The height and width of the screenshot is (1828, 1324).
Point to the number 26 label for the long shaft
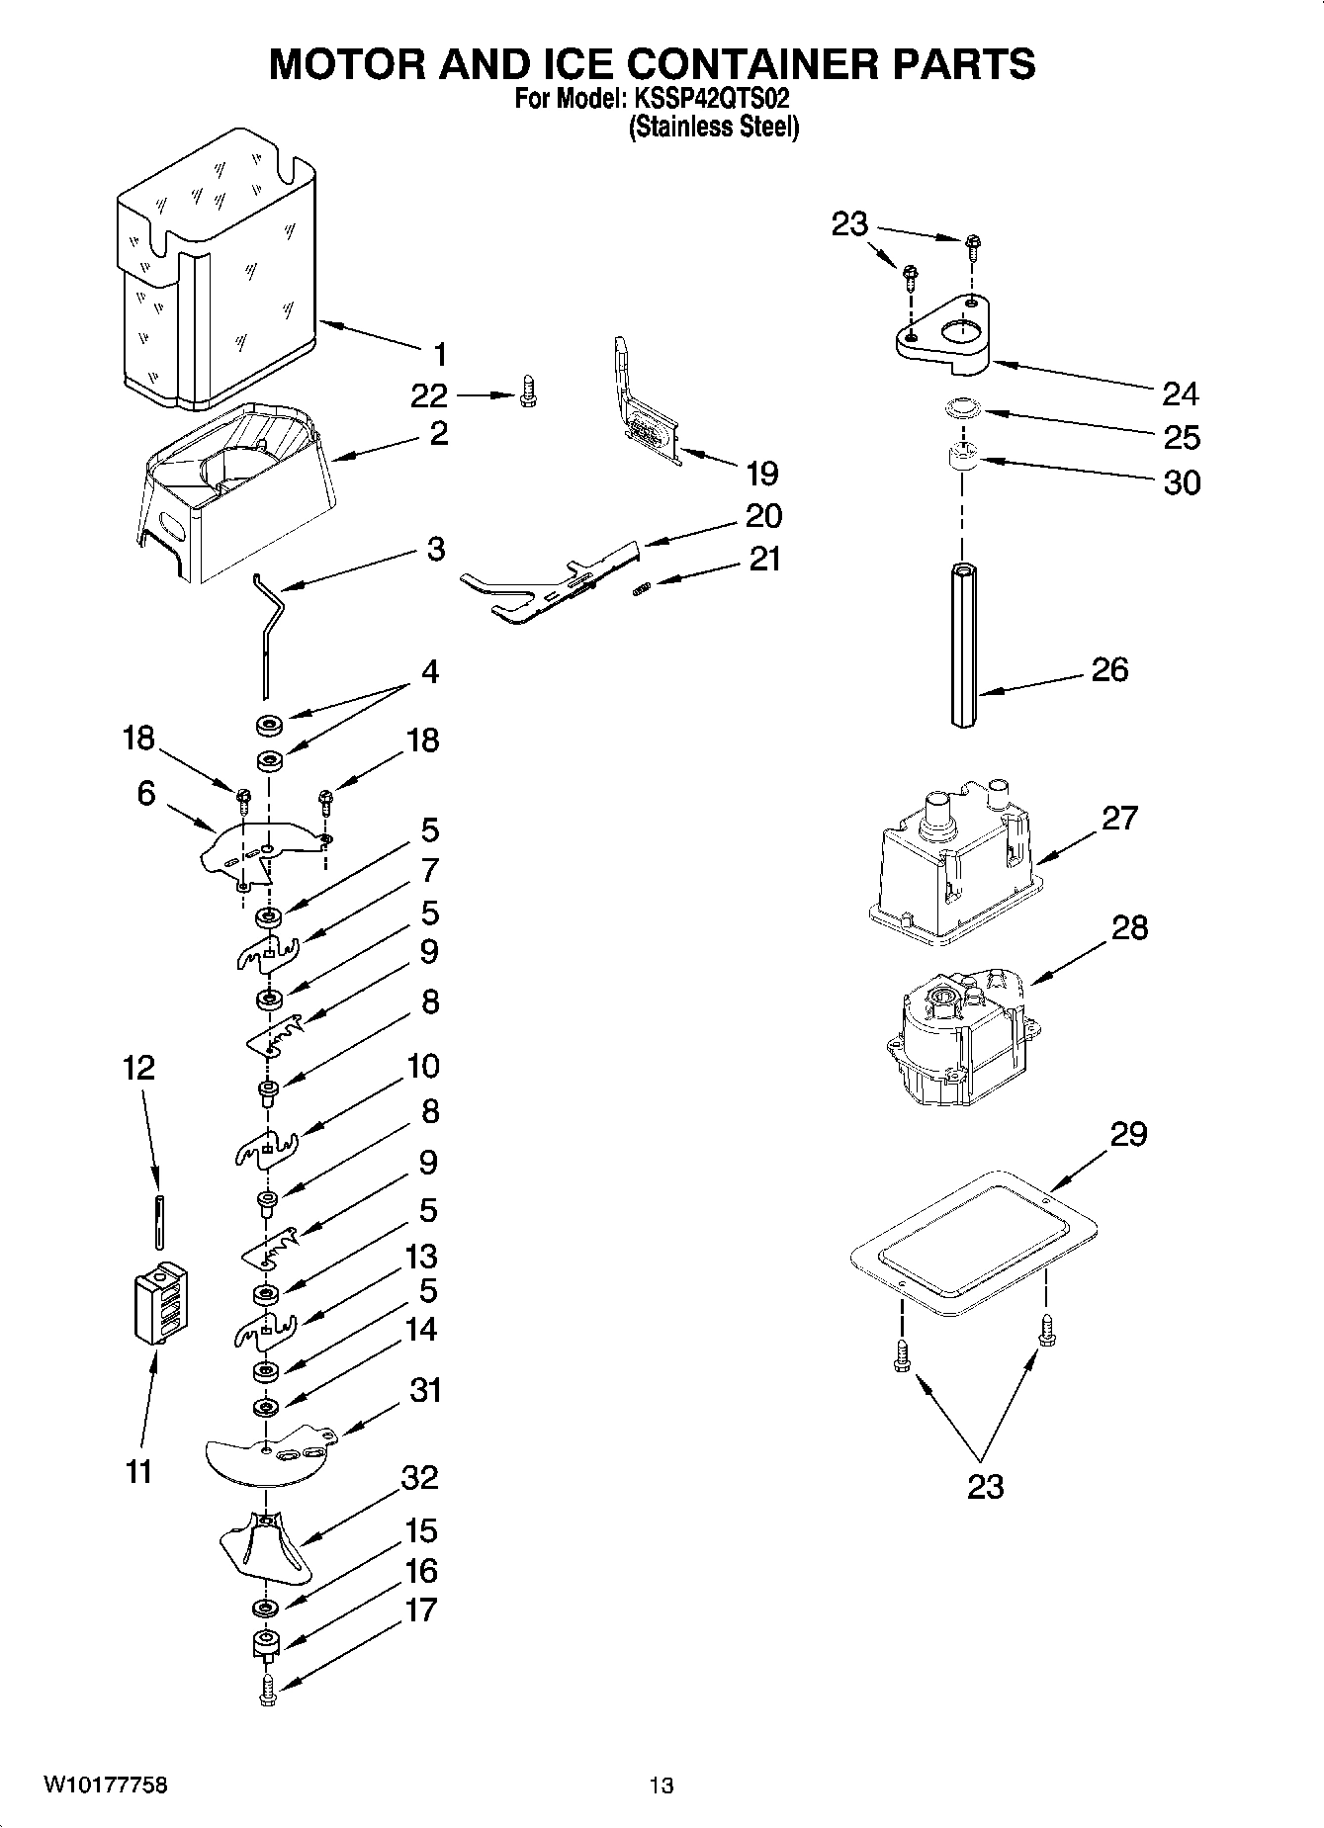point(1108,669)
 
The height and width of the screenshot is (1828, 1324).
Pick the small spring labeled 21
point(640,590)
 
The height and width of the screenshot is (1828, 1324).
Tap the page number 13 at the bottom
point(662,1785)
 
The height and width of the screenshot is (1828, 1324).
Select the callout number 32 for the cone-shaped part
point(419,1478)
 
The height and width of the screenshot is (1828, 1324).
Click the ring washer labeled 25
point(960,407)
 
